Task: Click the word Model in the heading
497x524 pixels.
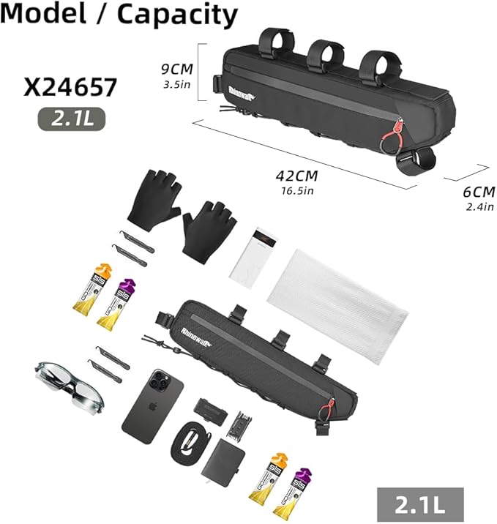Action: [x=43, y=13]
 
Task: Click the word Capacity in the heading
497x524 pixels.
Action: [x=177, y=15]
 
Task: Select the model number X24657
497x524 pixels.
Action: [x=70, y=87]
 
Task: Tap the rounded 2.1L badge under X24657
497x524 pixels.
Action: [x=72, y=119]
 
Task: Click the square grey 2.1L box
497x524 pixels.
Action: [x=420, y=504]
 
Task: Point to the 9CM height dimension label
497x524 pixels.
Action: [x=177, y=70]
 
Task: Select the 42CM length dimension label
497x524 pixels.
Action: [x=296, y=176]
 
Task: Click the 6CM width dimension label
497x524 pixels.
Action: [x=479, y=192]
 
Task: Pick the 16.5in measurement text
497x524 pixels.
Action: [x=297, y=191]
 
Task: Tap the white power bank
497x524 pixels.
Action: [x=254, y=257]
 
